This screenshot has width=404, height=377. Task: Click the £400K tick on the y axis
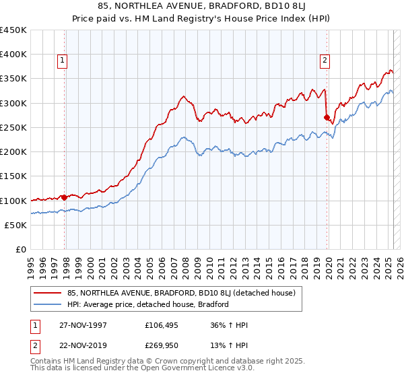(x=13, y=55)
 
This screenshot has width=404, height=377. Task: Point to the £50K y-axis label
(x=16, y=225)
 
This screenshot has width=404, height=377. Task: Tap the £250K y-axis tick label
(x=13, y=127)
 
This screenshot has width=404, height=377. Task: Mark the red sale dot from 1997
(x=65, y=197)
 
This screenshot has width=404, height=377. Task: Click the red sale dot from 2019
(x=327, y=118)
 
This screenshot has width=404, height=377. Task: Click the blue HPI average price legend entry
(x=148, y=304)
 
